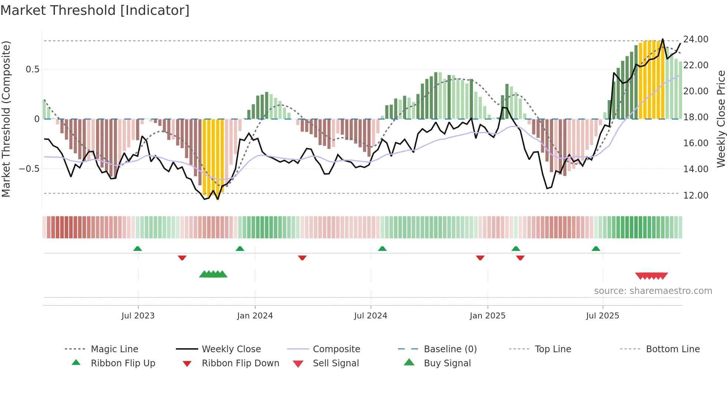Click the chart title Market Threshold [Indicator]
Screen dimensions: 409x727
pos(95,10)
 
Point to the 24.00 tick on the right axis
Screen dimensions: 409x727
pos(695,39)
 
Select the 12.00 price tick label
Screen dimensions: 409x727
pos(695,195)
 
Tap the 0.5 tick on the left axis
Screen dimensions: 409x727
pos(32,69)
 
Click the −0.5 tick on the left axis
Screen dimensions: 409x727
pos(29,169)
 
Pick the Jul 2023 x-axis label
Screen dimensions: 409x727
pos(138,316)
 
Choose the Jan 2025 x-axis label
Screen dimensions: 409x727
pos(487,316)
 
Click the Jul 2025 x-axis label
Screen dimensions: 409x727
pos(602,316)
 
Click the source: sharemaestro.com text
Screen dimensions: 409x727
pos(653,291)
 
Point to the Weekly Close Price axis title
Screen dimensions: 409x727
pos(721,119)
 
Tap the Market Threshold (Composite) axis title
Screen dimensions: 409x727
pos(6,119)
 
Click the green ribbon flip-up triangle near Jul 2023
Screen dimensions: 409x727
pos(138,249)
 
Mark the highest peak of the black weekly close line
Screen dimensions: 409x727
pos(662,39)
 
